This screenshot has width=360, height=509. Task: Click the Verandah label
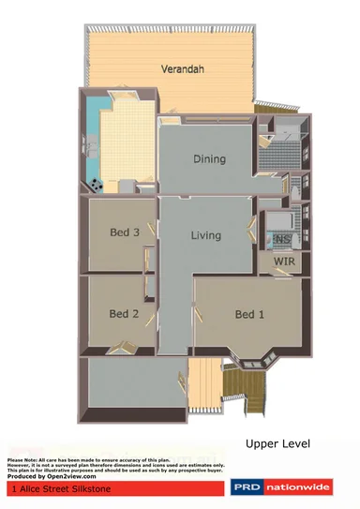coord(182,69)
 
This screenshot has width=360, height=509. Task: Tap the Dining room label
coord(209,158)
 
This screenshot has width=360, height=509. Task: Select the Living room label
coord(205,235)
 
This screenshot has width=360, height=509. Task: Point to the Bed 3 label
coord(125,232)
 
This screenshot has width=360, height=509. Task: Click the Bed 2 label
coord(124,314)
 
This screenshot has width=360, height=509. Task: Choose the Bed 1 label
coord(249,314)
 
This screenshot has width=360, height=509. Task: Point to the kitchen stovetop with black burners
coord(97,181)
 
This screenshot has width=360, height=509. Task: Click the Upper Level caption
coord(277,442)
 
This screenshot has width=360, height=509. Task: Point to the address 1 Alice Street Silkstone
coord(55,488)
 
